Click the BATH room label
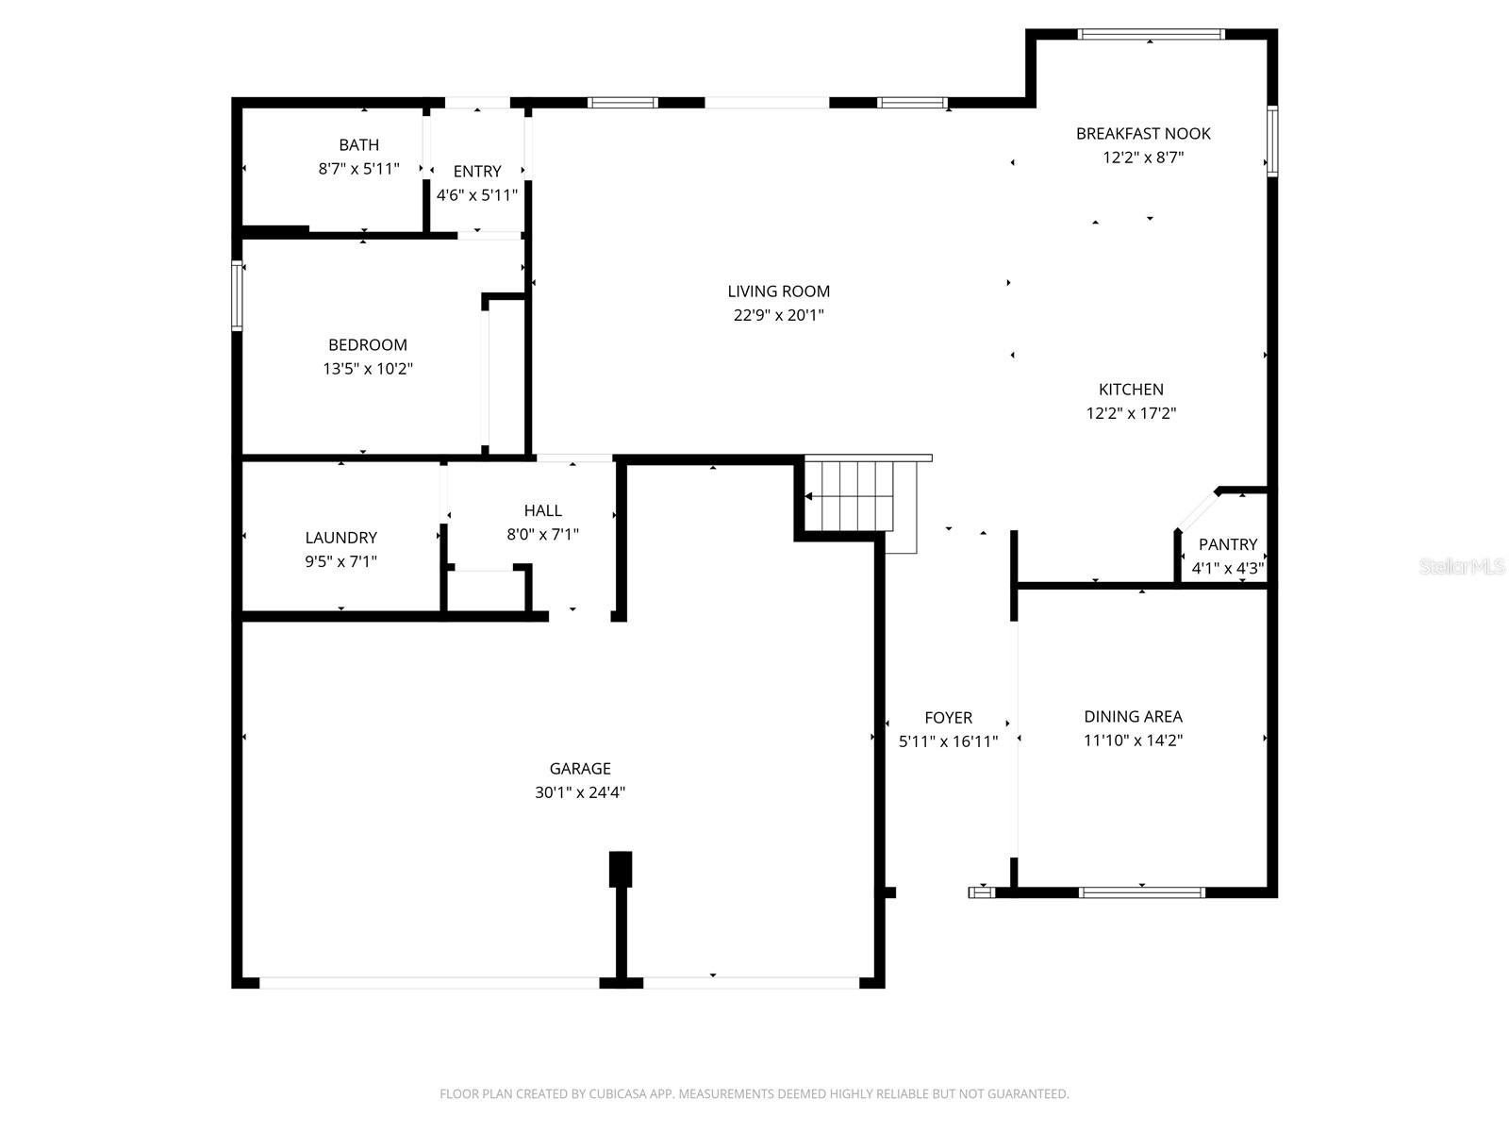click(358, 145)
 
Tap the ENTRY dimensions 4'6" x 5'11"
click(476, 195)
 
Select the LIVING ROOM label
click(778, 291)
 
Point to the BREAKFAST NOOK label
click(1143, 134)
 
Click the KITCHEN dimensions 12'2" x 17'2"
click(1131, 413)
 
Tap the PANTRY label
click(1227, 544)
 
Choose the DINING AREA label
click(1133, 717)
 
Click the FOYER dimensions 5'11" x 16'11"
click(948, 741)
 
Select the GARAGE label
click(580, 769)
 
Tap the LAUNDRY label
click(340, 538)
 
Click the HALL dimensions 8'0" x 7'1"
click(542, 534)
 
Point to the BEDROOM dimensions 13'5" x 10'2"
click(368, 369)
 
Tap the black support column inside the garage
click(620, 869)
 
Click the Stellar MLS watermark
click(1462, 567)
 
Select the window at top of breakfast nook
click(1151, 35)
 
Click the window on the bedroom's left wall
click(237, 295)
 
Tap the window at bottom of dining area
click(1141, 891)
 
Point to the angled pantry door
click(1196, 510)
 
